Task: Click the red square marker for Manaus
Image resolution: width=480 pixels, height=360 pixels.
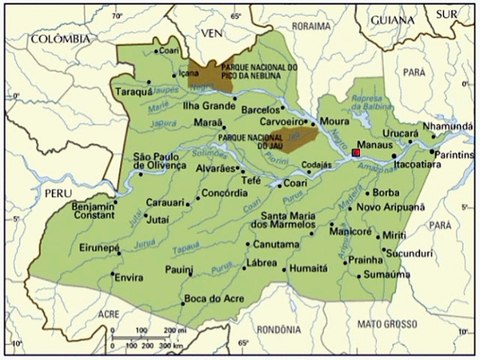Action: click(355, 154)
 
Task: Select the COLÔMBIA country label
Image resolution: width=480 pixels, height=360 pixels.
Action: click(55, 37)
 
